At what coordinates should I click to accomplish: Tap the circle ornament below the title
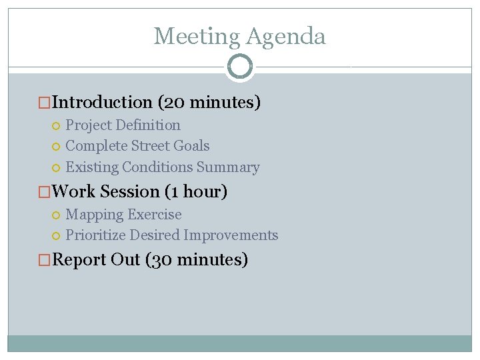(x=240, y=66)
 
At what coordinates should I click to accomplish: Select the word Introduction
(x=102, y=102)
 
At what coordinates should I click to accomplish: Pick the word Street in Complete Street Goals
(x=150, y=145)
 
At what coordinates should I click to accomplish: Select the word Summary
(x=233, y=167)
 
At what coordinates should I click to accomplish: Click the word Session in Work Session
(x=130, y=192)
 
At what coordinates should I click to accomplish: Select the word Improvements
(x=231, y=235)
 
